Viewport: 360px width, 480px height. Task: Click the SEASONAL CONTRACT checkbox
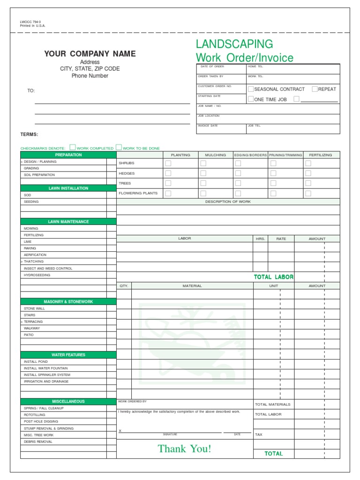click(x=251, y=89)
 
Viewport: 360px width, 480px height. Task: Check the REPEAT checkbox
click(x=315, y=89)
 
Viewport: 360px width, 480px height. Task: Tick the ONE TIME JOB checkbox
click(x=251, y=99)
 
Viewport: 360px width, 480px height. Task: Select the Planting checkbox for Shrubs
click(x=168, y=163)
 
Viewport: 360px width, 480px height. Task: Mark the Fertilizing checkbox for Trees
click(x=308, y=183)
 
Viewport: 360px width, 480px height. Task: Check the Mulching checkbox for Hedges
click(x=203, y=173)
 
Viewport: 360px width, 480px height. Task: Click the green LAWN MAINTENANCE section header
click(x=68, y=222)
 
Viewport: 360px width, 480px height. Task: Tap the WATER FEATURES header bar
click(x=68, y=355)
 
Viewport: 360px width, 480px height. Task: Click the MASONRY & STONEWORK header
click(x=68, y=302)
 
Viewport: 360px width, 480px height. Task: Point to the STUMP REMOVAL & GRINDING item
click(x=49, y=428)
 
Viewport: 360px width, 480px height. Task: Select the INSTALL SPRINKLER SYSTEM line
click(x=47, y=375)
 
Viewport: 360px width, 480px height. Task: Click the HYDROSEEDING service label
click(x=37, y=275)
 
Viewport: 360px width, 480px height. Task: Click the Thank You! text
click(x=185, y=449)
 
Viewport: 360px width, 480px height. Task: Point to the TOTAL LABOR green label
click(x=274, y=277)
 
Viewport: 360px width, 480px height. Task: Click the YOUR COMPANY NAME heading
click(x=90, y=54)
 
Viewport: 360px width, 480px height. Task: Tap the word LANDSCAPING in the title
click(x=234, y=44)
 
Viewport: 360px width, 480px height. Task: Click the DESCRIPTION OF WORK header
click(x=228, y=202)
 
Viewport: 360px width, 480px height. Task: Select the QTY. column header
click(x=124, y=285)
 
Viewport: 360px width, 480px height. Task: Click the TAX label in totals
click(x=259, y=435)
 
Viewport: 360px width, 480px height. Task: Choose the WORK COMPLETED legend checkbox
click(x=73, y=147)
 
